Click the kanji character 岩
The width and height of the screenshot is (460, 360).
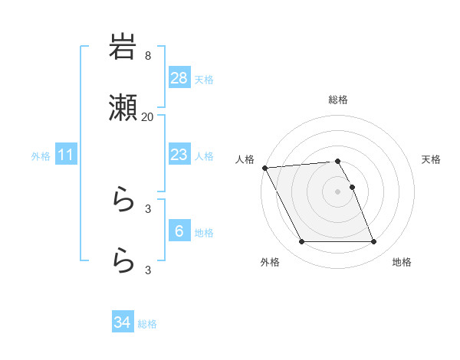[x=123, y=47]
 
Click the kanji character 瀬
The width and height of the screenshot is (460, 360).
[x=123, y=109]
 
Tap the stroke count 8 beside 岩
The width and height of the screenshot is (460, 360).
[x=147, y=56]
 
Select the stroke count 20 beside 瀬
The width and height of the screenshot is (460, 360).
[x=147, y=117]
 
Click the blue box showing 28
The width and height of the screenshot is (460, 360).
[x=179, y=78]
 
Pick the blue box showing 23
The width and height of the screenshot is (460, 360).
[x=179, y=155]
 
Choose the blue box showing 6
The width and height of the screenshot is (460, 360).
[x=179, y=231]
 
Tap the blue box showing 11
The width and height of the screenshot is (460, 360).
[x=65, y=155]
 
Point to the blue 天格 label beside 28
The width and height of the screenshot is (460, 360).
[x=203, y=79]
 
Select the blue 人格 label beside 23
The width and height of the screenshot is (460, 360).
[x=203, y=155]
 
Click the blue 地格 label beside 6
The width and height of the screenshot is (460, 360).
[x=203, y=232]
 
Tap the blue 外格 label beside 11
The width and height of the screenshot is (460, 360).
[x=41, y=156]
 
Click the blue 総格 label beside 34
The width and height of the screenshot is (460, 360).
[x=147, y=324]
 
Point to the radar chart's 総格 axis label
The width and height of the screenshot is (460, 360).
[x=338, y=100]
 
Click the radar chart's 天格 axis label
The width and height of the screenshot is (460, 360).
[x=431, y=159]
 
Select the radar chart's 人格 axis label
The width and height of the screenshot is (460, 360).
[x=244, y=159]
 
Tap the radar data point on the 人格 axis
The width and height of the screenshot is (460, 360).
[x=264, y=168]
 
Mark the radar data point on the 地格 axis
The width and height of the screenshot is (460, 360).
[x=374, y=242]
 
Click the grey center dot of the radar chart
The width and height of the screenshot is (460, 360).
[x=338, y=191]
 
